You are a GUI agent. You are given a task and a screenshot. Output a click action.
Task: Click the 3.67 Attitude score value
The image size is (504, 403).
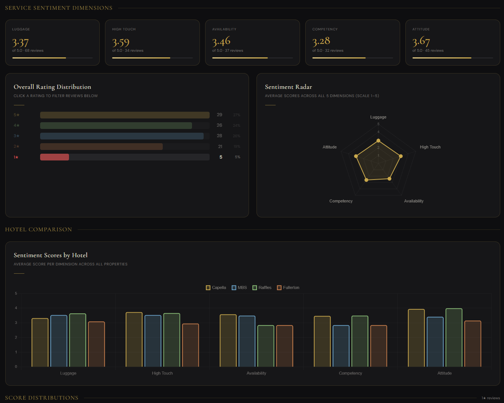pyautogui.click(x=421, y=42)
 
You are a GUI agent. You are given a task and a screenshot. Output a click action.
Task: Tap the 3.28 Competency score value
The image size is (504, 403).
pyautogui.click(x=321, y=41)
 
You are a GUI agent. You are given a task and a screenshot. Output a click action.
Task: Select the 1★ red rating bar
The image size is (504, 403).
pyautogui.click(x=54, y=157)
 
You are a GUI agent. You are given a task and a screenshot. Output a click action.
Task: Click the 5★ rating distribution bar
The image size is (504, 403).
pyautogui.click(x=124, y=115)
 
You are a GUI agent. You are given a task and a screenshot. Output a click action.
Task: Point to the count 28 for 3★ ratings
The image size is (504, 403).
pyautogui.click(x=219, y=136)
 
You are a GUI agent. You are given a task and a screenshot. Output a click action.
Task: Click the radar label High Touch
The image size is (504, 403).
pyautogui.click(x=430, y=147)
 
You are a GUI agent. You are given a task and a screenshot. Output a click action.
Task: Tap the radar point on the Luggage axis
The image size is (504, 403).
pyautogui.click(x=378, y=141)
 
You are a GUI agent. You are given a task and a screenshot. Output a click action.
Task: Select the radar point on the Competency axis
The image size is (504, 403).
pyautogui.click(x=366, y=180)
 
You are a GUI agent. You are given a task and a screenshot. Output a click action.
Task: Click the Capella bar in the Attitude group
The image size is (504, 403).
pyautogui.click(x=416, y=338)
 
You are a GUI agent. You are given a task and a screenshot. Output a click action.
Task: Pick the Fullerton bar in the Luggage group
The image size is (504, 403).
pyautogui.click(x=96, y=344)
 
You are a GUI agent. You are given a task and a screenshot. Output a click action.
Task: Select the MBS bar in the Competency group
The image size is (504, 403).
pyautogui.click(x=341, y=346)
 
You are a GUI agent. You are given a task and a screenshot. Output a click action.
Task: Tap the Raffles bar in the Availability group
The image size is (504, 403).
pyautogui.click(x=265, y=346)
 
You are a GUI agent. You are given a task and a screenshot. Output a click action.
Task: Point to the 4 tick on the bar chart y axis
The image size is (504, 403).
pyautogui.click(x=16, y=308)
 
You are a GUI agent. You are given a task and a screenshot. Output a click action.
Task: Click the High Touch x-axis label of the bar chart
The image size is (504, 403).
pyautogui.click(x=162, y=373)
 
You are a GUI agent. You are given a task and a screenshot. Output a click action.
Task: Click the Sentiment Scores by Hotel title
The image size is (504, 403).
pyautogui.click(x=51, y=255)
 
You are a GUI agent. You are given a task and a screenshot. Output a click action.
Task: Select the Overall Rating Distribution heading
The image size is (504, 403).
pyautogui.click(x=52, y=87)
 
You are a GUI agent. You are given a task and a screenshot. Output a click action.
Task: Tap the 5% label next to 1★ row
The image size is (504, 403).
pyautogui.click(x=237, y=157)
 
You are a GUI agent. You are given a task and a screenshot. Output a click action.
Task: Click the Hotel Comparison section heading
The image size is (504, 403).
pyautogui.click(x=39, y=229)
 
